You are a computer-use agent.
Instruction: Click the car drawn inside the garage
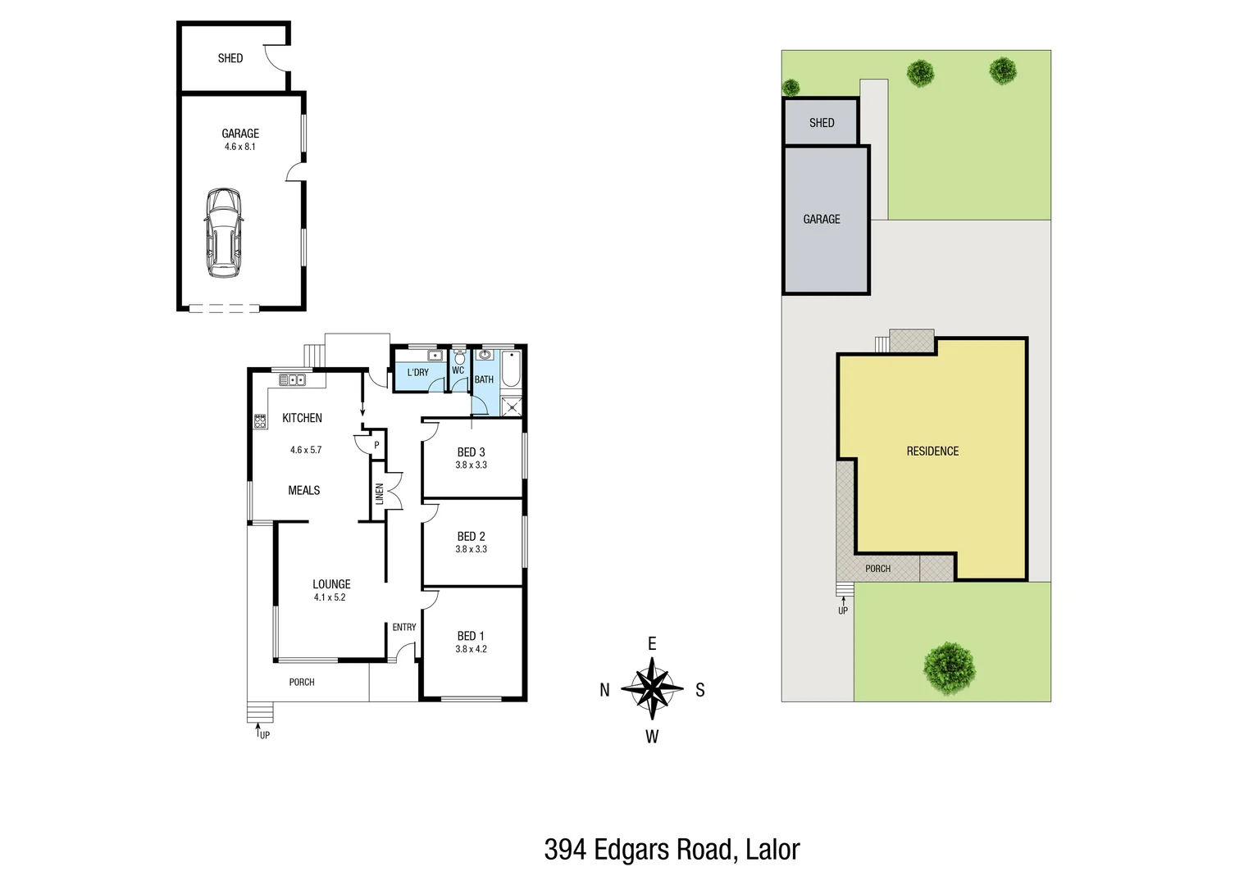click(x=223, y=233)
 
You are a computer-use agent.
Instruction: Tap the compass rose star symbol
click(x=652, y=688)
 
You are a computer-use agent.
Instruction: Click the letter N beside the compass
click(x=604, y=690)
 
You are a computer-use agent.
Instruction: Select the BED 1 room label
click(x=471, y=636)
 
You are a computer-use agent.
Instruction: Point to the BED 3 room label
click(x=471, y=452)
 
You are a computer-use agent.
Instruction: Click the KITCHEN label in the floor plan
click(x=302, y=418)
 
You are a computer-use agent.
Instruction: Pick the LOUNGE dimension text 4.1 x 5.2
click(x=330, y=597)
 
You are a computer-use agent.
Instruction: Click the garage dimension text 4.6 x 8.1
click(x=240, y=147)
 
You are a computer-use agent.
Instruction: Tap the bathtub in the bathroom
click(x=510, y=370)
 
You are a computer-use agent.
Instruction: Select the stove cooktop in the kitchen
click(x=260, y=422)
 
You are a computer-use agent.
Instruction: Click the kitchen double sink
click(x=292, y=379)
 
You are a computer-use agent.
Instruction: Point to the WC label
click(x=458, y=370)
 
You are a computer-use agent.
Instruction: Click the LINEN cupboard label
click(x=379, y=493)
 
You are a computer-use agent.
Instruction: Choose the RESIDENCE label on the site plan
click(x=932, y=452)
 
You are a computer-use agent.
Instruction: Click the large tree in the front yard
click(x=950, y=667)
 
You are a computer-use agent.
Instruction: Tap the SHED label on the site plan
click(x=822, y=123)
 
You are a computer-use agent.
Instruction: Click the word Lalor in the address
click(x=772, y=850)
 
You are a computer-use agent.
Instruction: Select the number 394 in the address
click(x=565, y=850)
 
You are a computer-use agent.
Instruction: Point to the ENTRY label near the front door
click(x=404, y=627)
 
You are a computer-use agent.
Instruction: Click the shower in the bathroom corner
click(x=512, y=406)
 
